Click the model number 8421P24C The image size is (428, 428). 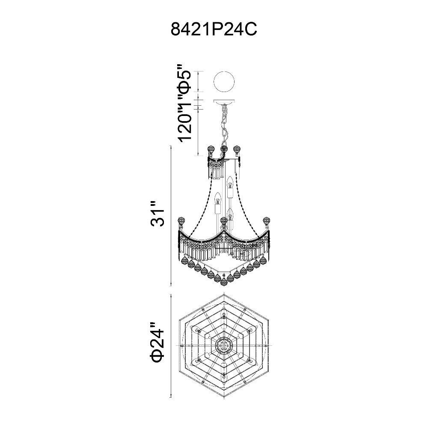click(214, 29)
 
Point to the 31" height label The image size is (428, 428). click(158, 214)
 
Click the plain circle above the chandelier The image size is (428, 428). click(223, 82)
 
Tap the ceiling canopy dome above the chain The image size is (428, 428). click(223, 102)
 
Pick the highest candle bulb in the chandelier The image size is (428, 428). click(230, 187)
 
